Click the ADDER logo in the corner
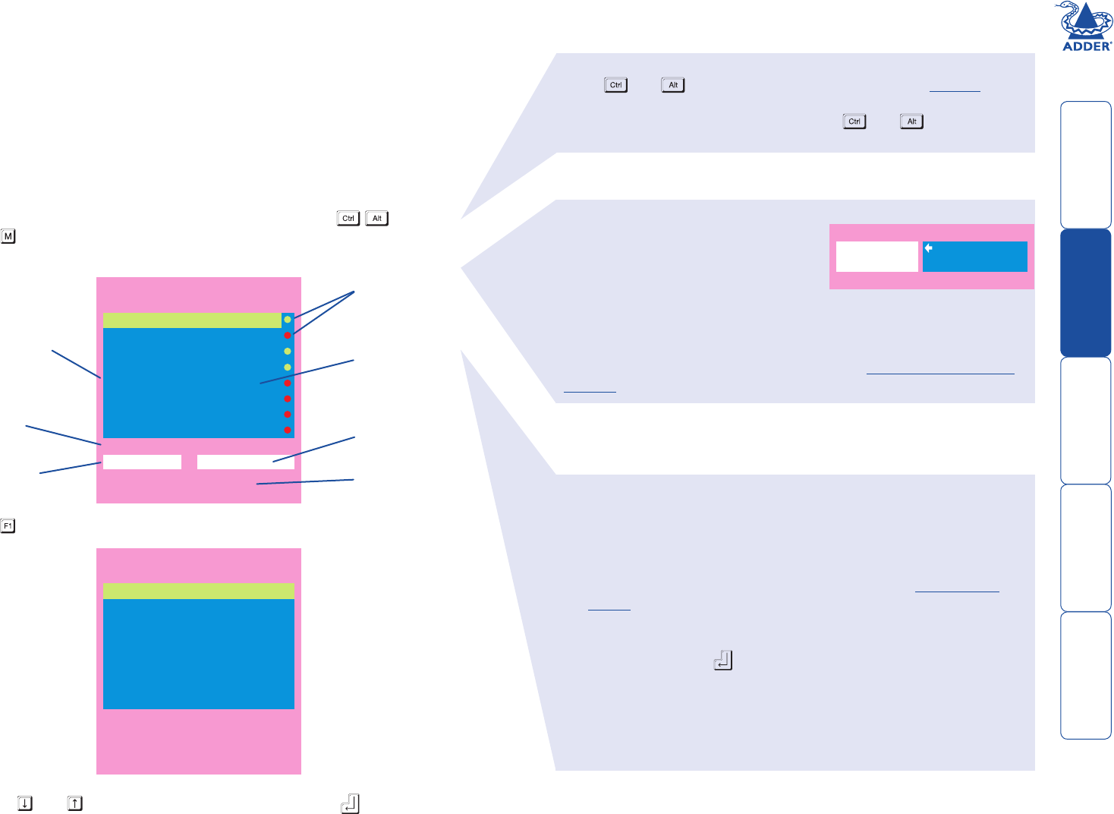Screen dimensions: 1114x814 pyautogui.click(x=1086, y=27)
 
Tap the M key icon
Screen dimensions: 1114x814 pyautogui.click(x=8, y=236)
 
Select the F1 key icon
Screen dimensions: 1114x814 pyautogui.click(x=8, y=525)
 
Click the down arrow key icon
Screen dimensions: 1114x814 pyautogui.click(x=25, y=803)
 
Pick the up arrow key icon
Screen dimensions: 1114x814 pyautogui.click(x=75, y=803)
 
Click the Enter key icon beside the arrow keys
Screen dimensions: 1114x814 pyautogui.click(x=350, y=803)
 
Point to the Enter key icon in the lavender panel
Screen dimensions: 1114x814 pyautogui.click(x=723, y=660)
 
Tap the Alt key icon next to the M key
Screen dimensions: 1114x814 pyautogui.click(x=377, y=219)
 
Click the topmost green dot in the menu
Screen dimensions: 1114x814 pyautogui.click(x=288, y=320)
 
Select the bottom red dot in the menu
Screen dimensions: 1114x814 pyautogui.click(x=288, y=431)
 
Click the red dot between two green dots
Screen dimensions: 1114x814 pyautogui.click(x=288, y=336)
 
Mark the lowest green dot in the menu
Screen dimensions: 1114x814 pyautogui.click(x=288, y=368)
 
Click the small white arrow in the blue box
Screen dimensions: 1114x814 pyautogui.click(x=929, y=248)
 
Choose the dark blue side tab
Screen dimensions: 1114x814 pyautogui.click(x=1086, y=292)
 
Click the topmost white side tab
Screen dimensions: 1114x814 pyautogui.click(x=1086, y=165)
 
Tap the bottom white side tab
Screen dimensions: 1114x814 pyautogui.click(x=1086, y=675)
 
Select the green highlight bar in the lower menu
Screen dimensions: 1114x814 pyautogui.click(x=198, y=591)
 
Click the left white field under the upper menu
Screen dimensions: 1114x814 pyautogui.click(x=142, y=462)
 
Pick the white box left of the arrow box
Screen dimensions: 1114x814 pyautogui.click(x=876, y=257)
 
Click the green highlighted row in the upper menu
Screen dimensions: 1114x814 pyautogui.click(x=192, y=320)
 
